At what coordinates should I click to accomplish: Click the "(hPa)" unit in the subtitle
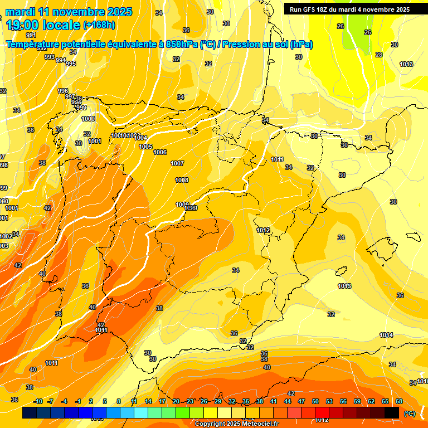301,45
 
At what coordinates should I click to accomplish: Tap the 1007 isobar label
177,163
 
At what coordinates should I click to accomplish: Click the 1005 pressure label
145,147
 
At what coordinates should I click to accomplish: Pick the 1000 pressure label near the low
88,119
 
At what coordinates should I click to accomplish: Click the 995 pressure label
71,64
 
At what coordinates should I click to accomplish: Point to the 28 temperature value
379,55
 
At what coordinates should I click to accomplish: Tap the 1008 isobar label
182,180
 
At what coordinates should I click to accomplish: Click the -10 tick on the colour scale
38,401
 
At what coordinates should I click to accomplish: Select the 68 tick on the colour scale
399,401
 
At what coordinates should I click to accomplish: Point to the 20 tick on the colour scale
176,401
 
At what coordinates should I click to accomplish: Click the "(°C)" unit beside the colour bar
409,413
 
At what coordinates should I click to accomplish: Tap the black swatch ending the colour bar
392,412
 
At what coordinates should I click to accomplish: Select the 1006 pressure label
160,152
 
